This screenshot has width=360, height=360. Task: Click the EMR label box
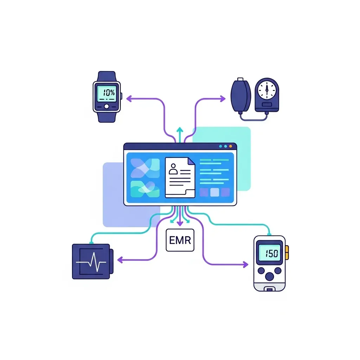(180, 240)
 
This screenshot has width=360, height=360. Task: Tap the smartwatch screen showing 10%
(107, 93)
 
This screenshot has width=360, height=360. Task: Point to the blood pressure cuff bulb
(240, 94)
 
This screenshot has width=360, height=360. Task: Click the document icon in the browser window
(180, 177)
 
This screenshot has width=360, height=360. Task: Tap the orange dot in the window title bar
(231, 146)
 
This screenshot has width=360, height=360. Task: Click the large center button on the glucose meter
(269, 276)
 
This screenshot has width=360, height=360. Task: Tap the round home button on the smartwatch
(107, 106)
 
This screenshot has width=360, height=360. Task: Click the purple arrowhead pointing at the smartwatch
(129, 99)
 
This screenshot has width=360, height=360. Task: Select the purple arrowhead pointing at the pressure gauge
(223, 99)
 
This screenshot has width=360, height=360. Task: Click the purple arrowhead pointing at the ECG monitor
(120, 260)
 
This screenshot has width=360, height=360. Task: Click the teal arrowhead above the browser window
(180, 130)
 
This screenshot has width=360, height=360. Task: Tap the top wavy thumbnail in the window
(144, 168)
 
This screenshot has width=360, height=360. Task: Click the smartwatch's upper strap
(107, 76)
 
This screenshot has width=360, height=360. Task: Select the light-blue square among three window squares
(214, 192)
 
